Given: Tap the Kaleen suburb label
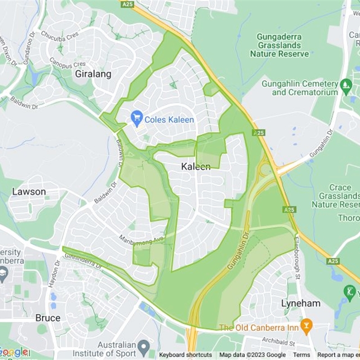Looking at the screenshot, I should [196, 166].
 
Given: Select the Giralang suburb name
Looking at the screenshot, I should [93, 74].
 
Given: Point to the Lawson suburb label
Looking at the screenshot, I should [29, 192].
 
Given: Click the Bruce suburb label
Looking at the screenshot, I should [48, 318].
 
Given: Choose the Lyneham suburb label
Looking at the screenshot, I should [301, 303].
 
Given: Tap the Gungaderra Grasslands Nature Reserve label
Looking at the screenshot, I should [279, 45].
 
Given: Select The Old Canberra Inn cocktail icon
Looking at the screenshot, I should [306, 326].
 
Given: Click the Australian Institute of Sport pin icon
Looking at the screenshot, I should [144, 347].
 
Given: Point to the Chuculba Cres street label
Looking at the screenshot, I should [60, 34].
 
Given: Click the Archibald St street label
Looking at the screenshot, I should [279, 343].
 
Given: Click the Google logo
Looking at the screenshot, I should [14, 352].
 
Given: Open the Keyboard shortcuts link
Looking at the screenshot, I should [185, 355].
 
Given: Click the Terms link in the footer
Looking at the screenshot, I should [301, 355].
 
